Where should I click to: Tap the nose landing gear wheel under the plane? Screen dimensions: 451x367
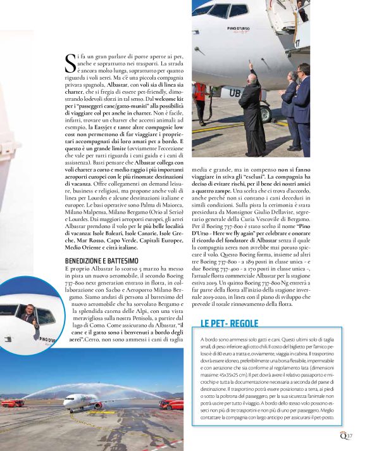(266, 114)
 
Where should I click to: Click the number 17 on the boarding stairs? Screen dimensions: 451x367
(297, 43)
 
